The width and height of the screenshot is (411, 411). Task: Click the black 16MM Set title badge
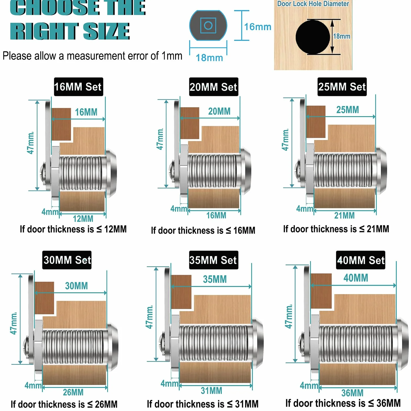(x=78, y=87)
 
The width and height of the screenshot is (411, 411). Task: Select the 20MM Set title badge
(x=214, y=87)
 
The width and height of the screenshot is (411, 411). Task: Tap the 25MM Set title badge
(x=342, y=87)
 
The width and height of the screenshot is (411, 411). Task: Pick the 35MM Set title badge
(x=214, y=260)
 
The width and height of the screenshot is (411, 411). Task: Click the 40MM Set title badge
(x=361, y=260)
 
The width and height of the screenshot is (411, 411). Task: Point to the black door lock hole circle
(x=313, y=37)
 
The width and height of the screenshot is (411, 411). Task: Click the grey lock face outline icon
(x=208, y=25)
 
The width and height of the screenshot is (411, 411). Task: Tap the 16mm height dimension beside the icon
(x=258, y=27)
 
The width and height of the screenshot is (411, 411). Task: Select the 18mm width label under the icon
(x=209, y=58)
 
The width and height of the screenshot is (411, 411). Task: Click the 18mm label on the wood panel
(x=342, y=36)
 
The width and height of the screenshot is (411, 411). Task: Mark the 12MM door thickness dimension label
(x=83, y=219)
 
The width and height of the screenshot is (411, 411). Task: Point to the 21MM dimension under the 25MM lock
(x=344, y=215)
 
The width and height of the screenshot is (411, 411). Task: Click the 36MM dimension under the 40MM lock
(x=352, y=393)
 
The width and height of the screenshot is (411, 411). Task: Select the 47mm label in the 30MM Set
(x=14, y=323)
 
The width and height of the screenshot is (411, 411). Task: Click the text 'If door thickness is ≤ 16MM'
(x=203, y=230)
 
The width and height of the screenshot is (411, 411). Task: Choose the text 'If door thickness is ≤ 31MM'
(x=203, y=404)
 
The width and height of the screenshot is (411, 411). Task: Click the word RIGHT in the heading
(x=44, y=31)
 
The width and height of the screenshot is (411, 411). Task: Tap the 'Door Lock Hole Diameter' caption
(x=313, y=4)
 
